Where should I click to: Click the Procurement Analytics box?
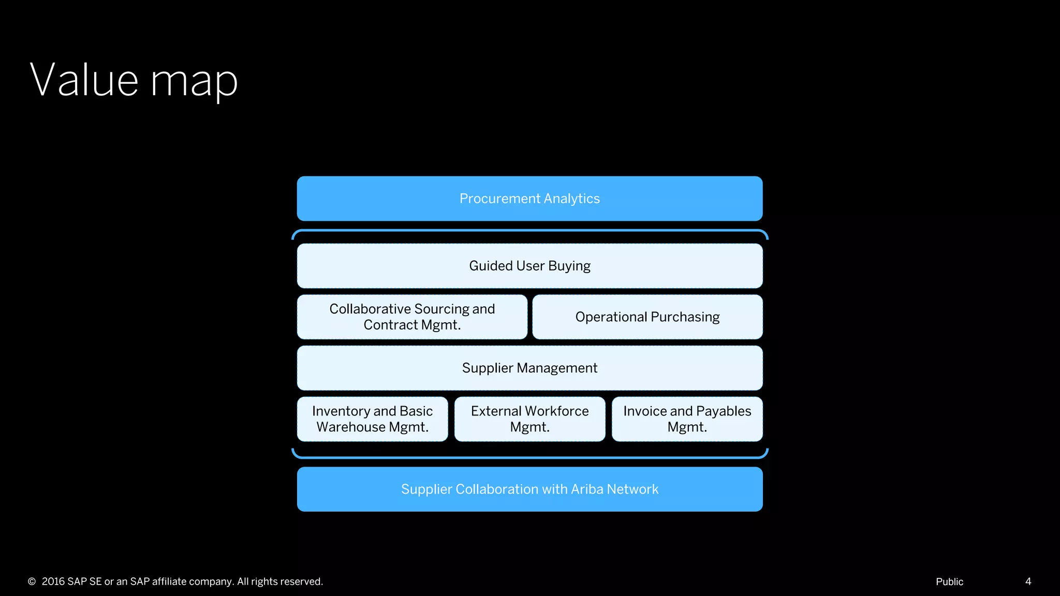coord(529,199)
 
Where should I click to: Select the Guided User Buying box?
coord(529,266)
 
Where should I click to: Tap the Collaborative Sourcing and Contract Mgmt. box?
coord(412,317)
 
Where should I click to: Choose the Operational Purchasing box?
coord(647,317)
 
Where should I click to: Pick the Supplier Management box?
coord(529,368)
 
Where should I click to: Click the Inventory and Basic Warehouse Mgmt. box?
coord(372,419)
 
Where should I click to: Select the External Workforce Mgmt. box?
coord(529,419)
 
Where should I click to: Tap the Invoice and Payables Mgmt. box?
coord(687,419)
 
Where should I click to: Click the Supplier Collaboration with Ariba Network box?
coord(529,489)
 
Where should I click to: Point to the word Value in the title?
coord(84,80)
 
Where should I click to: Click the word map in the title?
coord(194,83)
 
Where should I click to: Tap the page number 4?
coord(1028,582)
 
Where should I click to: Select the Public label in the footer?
coord(949,582)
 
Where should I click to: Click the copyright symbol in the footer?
coord(32,582)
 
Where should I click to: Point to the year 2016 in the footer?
coord(53,582)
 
